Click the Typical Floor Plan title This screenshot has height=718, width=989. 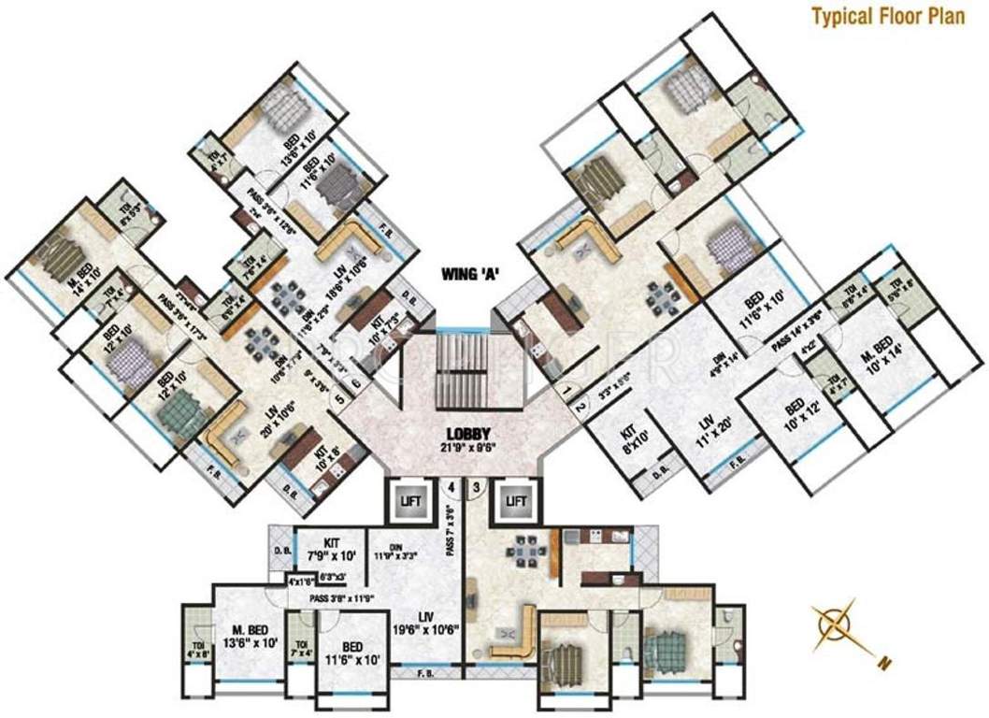coord(893,15)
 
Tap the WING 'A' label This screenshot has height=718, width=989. coord(472,274)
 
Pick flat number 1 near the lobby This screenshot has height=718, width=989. coord(566,386)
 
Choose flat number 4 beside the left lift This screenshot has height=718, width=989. coord(451,487)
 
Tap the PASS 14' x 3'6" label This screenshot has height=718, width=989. coord(796,318)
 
